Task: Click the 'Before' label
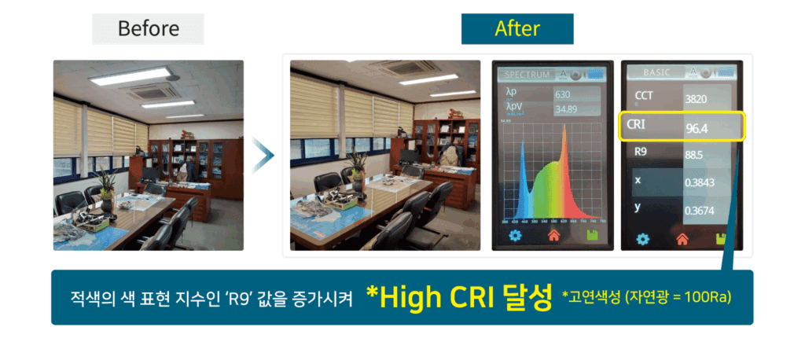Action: pos(148,30)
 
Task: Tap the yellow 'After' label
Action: pos(516,29)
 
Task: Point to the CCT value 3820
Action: pos(685,100)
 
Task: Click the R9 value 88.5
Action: pos(683,156)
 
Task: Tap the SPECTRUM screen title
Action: pos(527,75)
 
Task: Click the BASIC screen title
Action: pos(657,72)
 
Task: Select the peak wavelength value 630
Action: pos(562,95)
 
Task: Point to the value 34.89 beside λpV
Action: pos(567,108)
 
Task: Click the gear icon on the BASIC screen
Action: pos(642,239)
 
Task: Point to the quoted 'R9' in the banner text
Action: pos(223,299)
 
